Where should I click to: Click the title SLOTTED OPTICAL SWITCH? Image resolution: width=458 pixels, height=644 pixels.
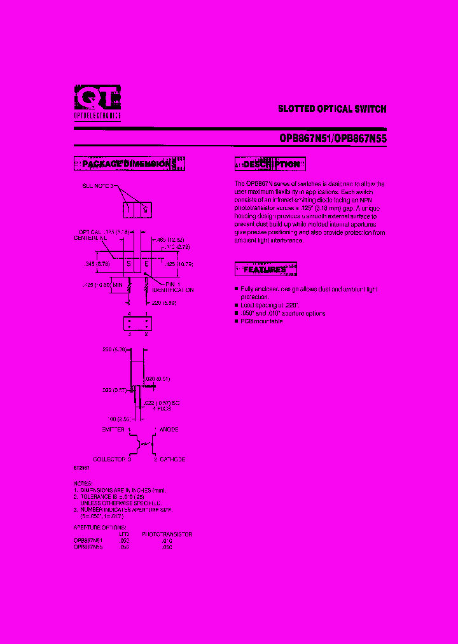(x=332, y=109)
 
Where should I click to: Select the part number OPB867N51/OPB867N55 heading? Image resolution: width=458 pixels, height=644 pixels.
(x=333, y=138)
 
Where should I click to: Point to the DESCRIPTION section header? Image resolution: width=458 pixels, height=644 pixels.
(x=270, y=164)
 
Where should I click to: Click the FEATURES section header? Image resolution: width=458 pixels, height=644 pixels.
(x=266, y=269)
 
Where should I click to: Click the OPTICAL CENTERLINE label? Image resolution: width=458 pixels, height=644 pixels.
(x=90, y=235)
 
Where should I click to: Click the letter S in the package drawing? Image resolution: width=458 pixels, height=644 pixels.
(x=130, y=263)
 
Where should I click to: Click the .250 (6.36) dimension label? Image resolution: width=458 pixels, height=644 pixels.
(x=115, y=349)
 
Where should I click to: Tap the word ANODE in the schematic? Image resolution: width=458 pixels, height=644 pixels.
(x=169, y=430)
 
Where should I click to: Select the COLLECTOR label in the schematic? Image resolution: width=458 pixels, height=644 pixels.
(x=109, y=459)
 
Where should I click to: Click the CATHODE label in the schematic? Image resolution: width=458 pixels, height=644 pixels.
(x=172, y=459)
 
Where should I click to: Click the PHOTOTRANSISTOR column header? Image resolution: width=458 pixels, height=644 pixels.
(x=167, y=534)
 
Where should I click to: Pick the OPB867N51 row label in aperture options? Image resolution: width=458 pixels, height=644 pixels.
(x=88, y=540)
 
